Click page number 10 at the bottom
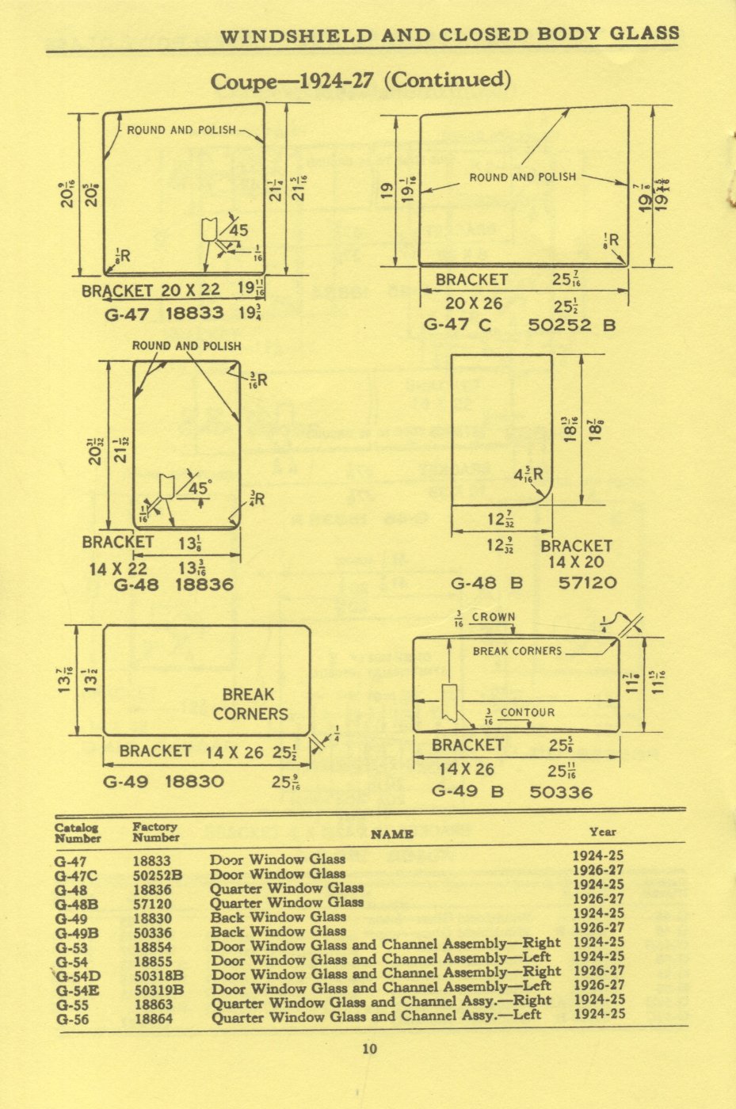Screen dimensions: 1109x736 369,1049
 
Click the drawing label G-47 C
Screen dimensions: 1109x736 457,324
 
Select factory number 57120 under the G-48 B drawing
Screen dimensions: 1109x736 587,584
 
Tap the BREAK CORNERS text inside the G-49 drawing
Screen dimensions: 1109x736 250,703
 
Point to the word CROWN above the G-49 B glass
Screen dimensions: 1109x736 494,617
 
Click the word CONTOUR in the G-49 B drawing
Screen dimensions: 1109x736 527,712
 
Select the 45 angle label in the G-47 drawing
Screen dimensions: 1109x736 238,231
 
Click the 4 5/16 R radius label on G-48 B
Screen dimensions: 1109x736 528,476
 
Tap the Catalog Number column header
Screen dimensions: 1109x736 78,833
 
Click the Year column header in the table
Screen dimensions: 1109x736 602,832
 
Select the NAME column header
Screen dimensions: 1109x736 391,833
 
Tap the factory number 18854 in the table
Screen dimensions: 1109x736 153,947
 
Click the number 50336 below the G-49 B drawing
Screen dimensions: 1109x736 561,791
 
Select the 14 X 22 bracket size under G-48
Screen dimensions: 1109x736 117,568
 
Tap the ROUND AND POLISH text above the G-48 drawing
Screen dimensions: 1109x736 186,346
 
